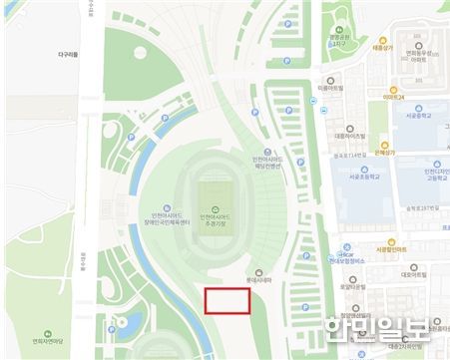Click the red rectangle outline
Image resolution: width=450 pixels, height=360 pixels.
tap(227, 301)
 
